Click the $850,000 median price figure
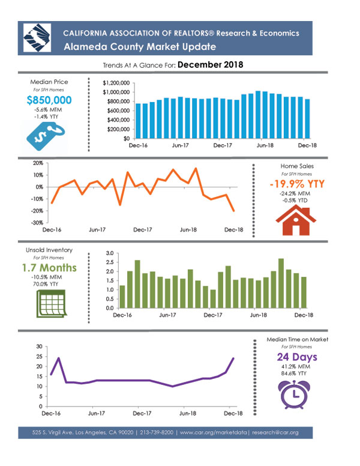point(49,100)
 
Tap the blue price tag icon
point(46,137)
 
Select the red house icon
point(296,220)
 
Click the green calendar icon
point(52,304)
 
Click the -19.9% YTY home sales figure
point(297,184)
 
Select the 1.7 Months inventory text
point(49,268)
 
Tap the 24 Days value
point(297,357)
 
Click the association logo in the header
point(37,38)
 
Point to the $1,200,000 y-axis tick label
point(116,83)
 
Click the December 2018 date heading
point(210,64)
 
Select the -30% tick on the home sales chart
point(37,223)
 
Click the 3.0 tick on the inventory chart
point(110,253)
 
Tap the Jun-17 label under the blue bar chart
point(180,145)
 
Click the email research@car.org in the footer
point(275,432)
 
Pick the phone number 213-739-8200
point(157,432)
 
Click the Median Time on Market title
point(298,339)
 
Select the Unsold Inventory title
point(49,250)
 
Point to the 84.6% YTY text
point(294,374)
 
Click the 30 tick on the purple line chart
point(40,346)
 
